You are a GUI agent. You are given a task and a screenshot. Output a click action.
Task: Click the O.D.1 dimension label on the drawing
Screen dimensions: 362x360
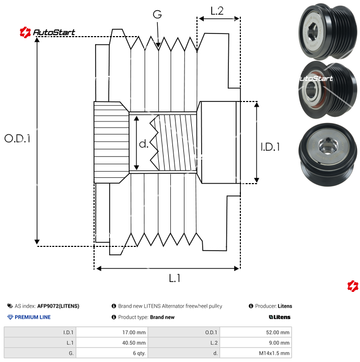(x=18, y=139)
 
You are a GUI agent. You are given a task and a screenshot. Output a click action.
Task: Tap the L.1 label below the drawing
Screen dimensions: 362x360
(x=175, y=279)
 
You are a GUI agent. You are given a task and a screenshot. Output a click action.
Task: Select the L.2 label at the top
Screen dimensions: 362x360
(x=217, y=11)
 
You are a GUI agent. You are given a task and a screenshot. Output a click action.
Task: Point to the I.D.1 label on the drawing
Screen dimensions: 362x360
(x=270, y=147)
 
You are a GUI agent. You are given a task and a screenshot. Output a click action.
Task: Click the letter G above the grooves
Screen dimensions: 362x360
(x=157, y=15)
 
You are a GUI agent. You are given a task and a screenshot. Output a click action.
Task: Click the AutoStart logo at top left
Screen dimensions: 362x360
(x=48, y=32)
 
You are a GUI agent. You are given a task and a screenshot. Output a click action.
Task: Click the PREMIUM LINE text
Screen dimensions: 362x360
(x=32, y=317)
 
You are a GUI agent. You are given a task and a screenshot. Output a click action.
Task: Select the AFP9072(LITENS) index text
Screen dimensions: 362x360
(x=58, y=306)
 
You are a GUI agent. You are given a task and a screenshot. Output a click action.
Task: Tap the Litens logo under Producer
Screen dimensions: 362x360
(x=280, y=317)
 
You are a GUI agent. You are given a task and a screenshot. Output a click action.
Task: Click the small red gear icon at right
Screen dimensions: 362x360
(x=353, y=286)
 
